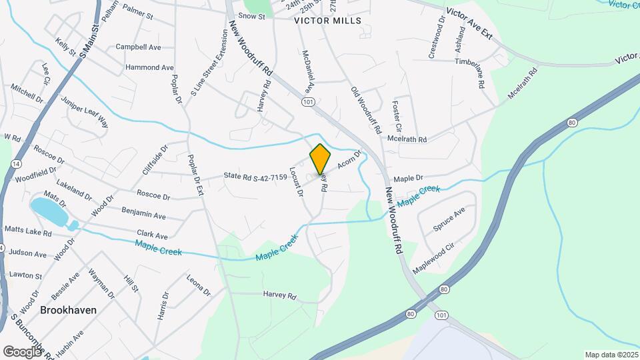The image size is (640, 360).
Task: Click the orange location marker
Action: coord(321,159)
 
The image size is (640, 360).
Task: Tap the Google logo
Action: coord(22,351)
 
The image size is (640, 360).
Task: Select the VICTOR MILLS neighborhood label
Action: coord(328,21)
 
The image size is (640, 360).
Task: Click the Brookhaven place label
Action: coord(68,310)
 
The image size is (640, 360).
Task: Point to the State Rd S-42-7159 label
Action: coord(256,177)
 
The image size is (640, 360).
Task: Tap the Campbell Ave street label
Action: coord(139,47)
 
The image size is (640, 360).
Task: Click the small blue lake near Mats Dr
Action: coord(49,211)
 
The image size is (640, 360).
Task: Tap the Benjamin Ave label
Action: coord(144,216)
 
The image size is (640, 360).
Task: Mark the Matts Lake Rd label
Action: coord(28,233)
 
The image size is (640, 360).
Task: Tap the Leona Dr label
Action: coord(198,285)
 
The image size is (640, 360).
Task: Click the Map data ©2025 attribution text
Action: coord(611,355)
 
